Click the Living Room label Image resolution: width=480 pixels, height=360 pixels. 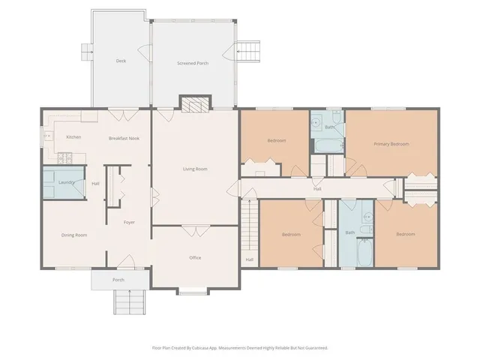195,169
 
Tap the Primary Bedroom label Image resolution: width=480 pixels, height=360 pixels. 391,144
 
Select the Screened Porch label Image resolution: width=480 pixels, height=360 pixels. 193,63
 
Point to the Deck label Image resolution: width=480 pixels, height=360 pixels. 121,61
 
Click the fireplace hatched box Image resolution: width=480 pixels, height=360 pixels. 195,104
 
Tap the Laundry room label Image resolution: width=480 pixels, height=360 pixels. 67,182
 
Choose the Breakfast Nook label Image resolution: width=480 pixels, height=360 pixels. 124,138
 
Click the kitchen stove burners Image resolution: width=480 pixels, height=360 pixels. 65,158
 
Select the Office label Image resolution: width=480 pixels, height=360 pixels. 195,258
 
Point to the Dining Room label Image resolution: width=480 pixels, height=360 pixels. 74,235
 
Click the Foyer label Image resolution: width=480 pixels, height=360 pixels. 129,222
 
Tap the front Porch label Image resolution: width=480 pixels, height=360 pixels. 118,280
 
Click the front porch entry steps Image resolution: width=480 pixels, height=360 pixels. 130,301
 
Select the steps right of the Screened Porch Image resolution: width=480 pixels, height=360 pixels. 249,52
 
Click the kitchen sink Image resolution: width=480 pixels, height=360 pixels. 48,136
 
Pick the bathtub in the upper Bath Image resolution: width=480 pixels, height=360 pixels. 329,146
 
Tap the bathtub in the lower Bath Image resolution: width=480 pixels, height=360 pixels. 365,253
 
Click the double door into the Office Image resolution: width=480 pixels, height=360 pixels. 196,231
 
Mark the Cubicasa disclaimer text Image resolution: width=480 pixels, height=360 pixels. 240,348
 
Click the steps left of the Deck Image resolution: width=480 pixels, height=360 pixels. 87,52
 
